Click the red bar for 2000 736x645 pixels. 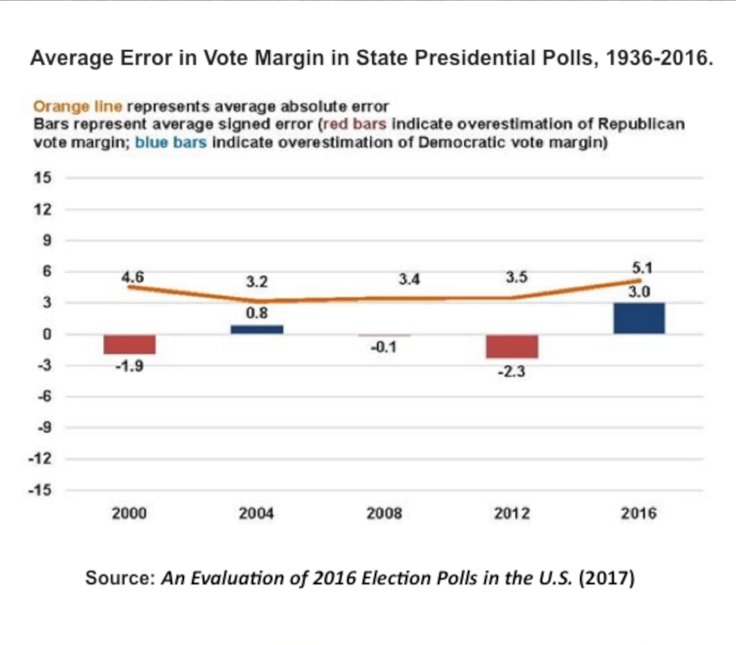coord(130,345)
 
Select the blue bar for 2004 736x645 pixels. coord(257,329)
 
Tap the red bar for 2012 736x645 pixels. coord(512,346)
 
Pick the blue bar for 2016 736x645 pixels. coord(639,318)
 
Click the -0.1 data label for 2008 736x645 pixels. coord(383,347)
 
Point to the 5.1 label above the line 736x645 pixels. coord(642,268)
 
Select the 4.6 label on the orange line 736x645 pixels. coord(133,277)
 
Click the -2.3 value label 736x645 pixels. coord(512,371)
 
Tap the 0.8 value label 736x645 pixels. coord(257,313)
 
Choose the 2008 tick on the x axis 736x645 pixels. coord(384,513)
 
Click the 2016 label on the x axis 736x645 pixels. coord(638,513)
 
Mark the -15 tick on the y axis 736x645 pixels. coord(41,490)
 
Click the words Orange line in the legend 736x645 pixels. coord(78,107)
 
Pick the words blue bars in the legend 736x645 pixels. coord(171,143)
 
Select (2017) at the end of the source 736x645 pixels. coord(606,578)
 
